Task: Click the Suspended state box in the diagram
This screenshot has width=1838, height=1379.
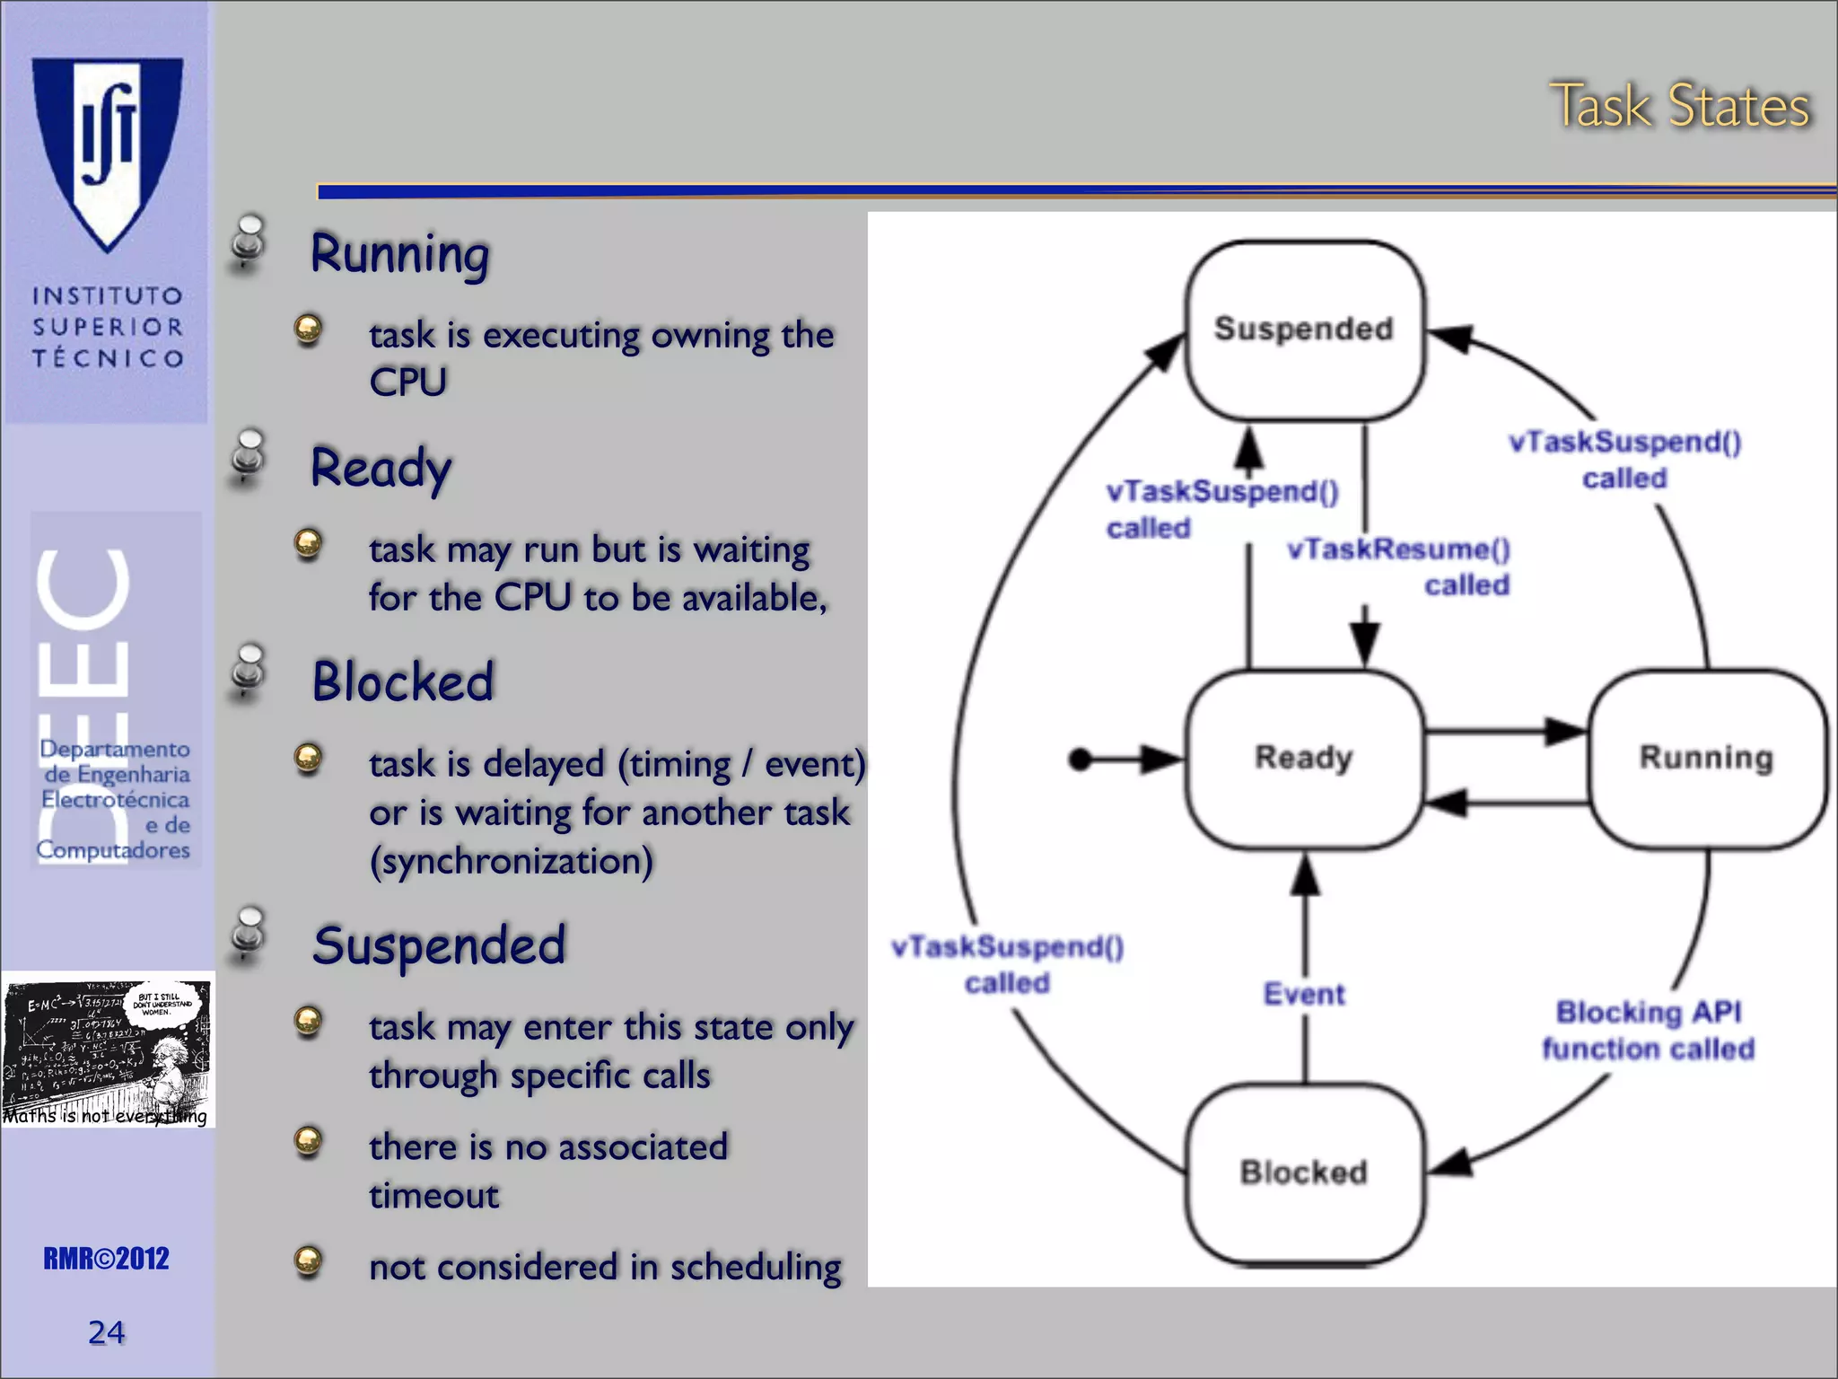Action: (1304, 329)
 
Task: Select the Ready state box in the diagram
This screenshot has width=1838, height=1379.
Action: (1304, 759)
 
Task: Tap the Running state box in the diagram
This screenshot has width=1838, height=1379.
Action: (1706, 759)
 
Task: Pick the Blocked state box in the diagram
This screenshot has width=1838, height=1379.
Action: (1304, 1173)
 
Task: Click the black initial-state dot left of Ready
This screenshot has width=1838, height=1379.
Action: (1081, 760)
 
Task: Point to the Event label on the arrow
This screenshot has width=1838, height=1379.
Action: (1304, 994)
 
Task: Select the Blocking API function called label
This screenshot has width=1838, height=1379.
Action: (1648, 1030)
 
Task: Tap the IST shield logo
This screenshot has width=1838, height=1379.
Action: (108, 148)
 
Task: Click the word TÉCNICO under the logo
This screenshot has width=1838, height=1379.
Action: (108, 358)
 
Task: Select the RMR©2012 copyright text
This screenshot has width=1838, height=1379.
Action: (106, 1259)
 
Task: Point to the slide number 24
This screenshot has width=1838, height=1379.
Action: (106, 1332)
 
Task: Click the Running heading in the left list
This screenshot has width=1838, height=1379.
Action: (400, 254)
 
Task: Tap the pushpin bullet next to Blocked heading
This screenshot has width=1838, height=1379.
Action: (249, 672)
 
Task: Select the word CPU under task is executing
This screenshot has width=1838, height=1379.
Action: (408, 382)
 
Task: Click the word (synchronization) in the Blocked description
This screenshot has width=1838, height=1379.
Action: (512, 861)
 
